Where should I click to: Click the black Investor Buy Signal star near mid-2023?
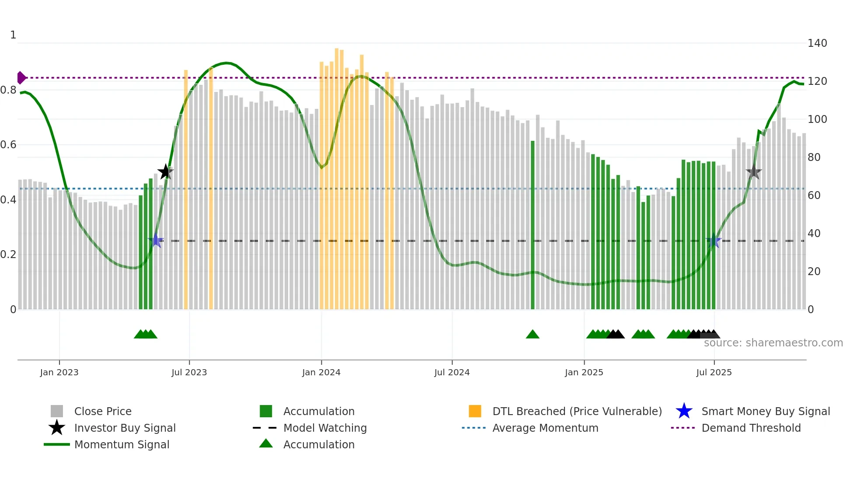point(165,172)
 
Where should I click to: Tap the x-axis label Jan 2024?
point(321,372)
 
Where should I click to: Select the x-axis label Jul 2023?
point(189,372)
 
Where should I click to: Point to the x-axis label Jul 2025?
point(714,372)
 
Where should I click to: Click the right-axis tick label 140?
point(817,43)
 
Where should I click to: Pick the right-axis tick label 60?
point(814,195)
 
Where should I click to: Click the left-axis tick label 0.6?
point(8,145)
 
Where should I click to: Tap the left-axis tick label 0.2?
point(8,255)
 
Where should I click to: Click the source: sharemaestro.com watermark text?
point(773,343)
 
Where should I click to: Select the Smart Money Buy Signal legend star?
point(684,411)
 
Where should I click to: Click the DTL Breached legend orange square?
point(475,411)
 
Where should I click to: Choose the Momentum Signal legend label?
point(122,444)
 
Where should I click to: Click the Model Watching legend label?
point(325,428)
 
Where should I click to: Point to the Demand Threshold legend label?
point(751,428)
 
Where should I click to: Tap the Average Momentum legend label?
point(545,428)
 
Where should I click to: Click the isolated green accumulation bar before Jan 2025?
point(533,225)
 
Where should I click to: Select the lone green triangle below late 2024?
point(533,335)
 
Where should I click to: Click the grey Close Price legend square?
point(57,411)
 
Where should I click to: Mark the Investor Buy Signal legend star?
point(57,428)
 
